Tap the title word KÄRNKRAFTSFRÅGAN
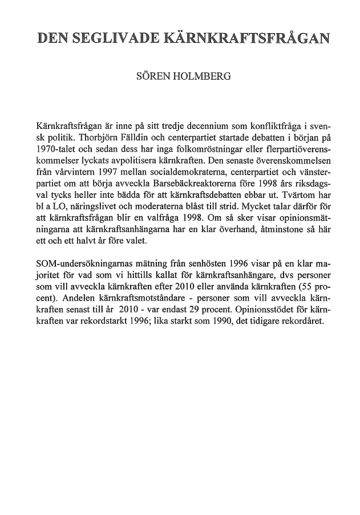tap(251, 39)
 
